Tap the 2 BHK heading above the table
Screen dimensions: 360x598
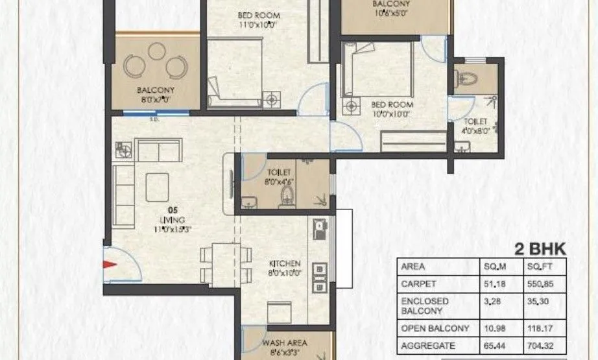tap(540, 249)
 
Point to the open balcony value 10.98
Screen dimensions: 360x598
tap(497, 328)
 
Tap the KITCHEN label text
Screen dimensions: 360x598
tap(285, 264)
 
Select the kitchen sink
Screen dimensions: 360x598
tap(319, 227)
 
